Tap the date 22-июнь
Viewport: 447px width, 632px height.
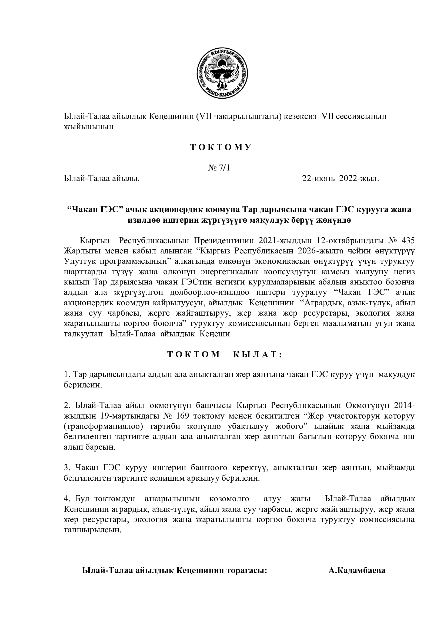coord(318,179)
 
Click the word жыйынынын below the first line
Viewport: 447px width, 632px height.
coord(89,127)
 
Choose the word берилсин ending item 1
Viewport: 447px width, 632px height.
coord(83,385)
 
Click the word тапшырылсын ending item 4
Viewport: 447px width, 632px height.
coord(92,530)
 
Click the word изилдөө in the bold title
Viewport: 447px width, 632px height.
coord(145,220)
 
